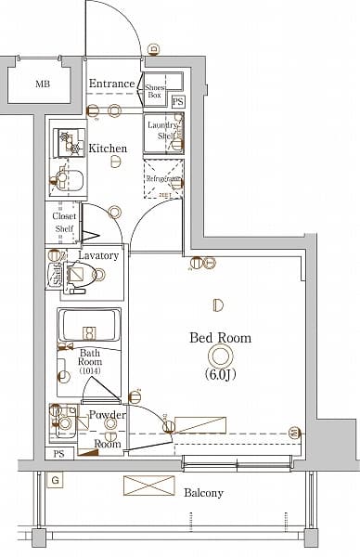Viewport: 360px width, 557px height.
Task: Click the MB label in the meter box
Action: coord(43,84)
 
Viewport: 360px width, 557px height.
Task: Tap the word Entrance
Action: coord(111,84)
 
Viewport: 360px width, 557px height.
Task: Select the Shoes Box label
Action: coord(154,90)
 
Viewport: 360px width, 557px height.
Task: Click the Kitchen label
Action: coord(108,148)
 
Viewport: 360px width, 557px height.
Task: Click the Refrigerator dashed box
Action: coord(163,178)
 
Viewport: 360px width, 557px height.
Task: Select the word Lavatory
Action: coord(97,254)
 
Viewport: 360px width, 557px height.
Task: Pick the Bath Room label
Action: coord(90,358)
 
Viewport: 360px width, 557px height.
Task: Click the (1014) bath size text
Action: coord(90,371)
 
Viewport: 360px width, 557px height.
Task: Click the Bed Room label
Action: coord(220,338)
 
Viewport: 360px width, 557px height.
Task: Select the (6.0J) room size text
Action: coord(220,374)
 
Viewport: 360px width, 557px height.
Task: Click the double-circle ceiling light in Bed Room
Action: coord(220,356)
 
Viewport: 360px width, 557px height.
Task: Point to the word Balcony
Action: coord(202,493)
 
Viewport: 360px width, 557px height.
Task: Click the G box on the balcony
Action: coord(56,480)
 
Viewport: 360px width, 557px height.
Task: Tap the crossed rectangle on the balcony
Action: coord(148,486)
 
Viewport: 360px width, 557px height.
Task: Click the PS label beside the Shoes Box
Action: coord(177,101)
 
